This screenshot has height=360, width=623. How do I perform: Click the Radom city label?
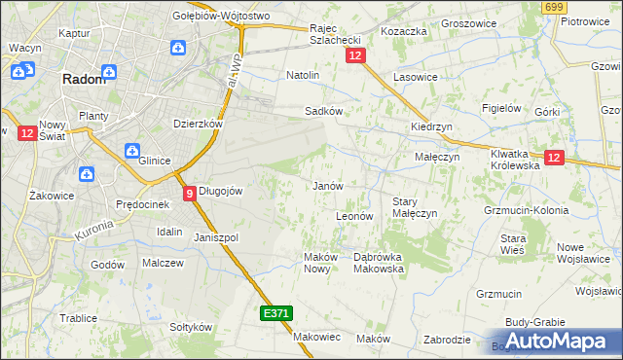[x=84, y=80]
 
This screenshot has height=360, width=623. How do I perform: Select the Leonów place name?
[x=354, y=216]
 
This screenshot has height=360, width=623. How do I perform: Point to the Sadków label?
[x=323, y=111]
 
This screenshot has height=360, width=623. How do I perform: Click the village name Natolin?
[x=303, y=74]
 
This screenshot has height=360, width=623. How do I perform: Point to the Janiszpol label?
[x=216, y=237]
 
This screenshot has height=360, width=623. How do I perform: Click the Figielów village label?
[x=502, y=108]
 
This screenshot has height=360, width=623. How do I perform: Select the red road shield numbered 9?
[x=189, y=193]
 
